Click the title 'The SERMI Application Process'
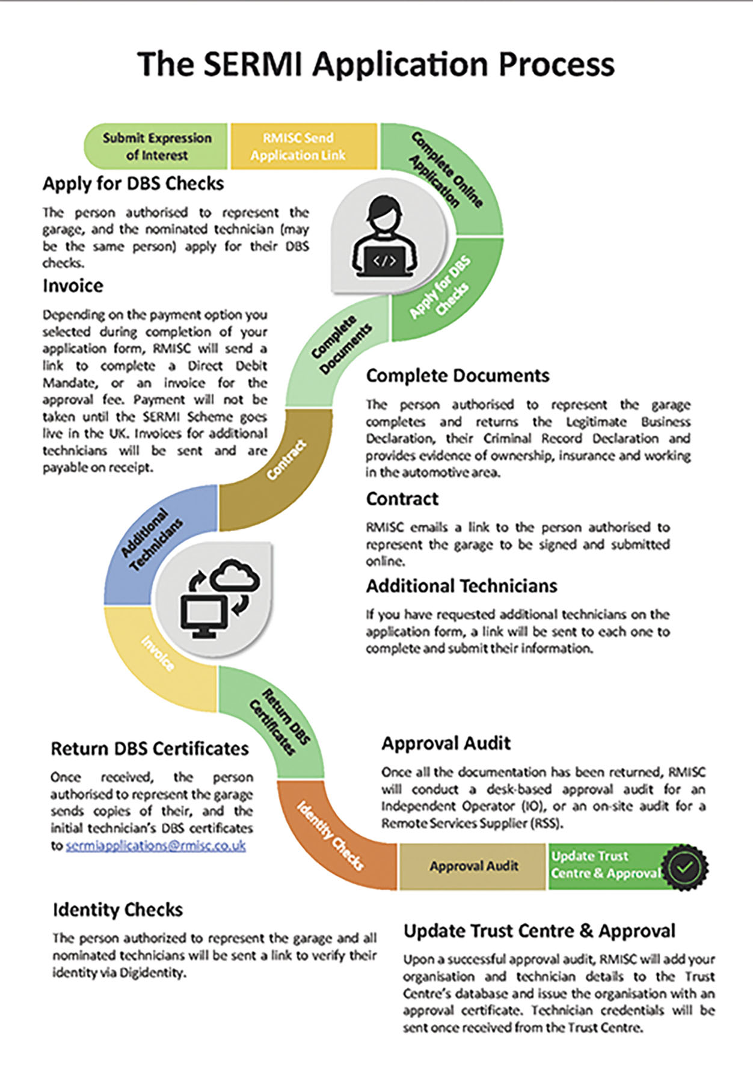[x=376, y=64]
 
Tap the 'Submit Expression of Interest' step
[x=156, y=146]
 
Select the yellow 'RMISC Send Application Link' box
[x=304, y=146]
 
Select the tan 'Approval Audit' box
[x=473, y=866]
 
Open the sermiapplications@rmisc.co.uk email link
[x=156, y=845]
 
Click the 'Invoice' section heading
[x=73, y=285]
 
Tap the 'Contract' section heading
[x=402, y=499]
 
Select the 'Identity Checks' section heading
[x=118, y=910]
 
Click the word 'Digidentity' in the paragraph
[x=152, y=972]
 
